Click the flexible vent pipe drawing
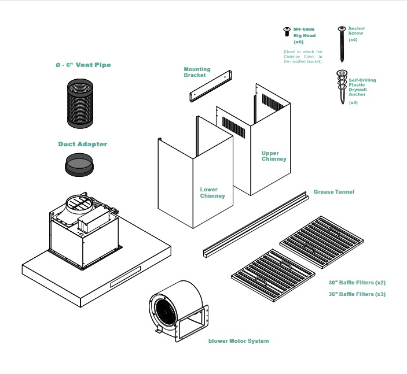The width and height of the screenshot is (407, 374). coord(80,103)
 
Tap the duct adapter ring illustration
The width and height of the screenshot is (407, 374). coord(79,165)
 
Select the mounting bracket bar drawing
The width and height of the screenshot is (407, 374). coord(211,86)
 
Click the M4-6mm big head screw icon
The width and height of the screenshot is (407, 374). coord(287,31)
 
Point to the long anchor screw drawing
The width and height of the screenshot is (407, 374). coord(342,44)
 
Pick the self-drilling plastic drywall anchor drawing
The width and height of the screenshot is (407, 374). coord(342,87)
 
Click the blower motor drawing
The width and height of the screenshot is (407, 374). coord(178,311)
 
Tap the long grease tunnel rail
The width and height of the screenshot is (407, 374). coord(256,224)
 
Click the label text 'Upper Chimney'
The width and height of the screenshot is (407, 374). coord(274,156)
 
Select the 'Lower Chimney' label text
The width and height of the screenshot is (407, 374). coord(212,192)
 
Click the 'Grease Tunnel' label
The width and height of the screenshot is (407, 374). coord(334,192)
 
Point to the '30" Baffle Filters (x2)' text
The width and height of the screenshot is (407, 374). coord(357,283)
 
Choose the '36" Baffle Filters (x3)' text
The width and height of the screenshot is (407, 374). coord(357,294)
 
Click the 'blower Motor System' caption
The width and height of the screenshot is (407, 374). coord(239,341)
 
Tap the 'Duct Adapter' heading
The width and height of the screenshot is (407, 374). coord(83,144)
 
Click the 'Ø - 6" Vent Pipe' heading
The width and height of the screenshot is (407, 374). coord(83,65)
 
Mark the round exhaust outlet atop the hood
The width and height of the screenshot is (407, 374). coord(79,203)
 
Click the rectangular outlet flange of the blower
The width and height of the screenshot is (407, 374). coord(192,323)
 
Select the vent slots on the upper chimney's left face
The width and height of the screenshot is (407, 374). coord(233,127)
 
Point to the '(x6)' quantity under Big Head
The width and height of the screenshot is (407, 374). coord(299,42)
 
